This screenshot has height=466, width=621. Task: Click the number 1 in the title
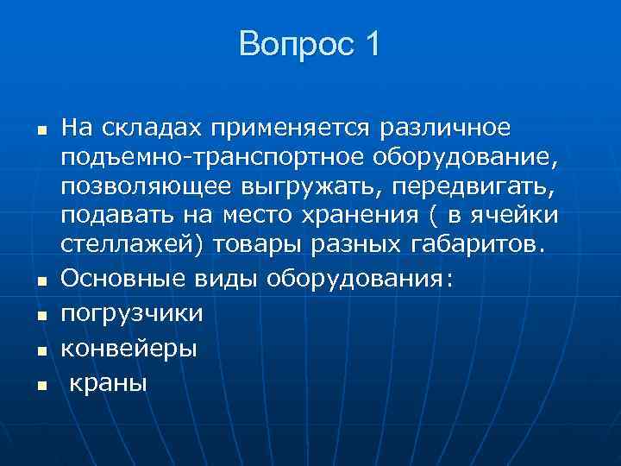tap(370, 44)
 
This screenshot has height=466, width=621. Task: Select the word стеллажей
tap(130, 242)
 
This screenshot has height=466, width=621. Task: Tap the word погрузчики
tap(132, 312)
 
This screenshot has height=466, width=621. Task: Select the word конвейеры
tap(129, 348)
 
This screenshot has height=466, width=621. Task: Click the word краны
tap(108, 382)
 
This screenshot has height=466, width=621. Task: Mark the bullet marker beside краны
tap(41, 385)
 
